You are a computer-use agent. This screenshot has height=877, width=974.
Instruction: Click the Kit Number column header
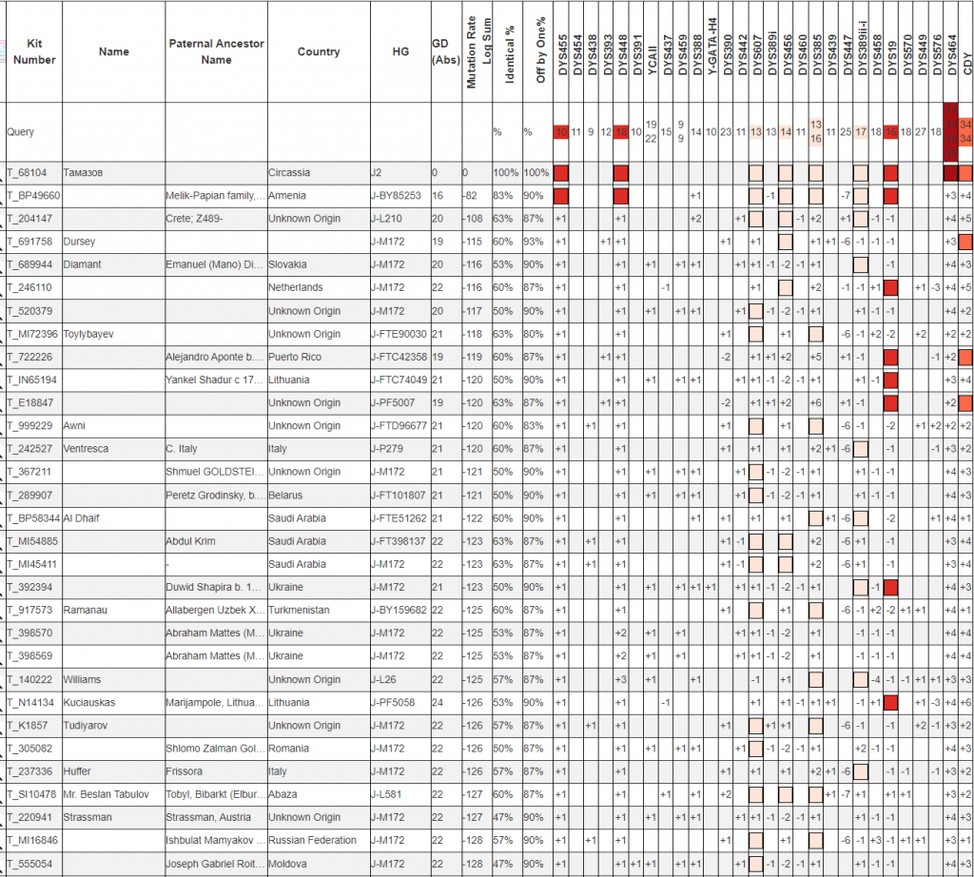(x=34, y=51)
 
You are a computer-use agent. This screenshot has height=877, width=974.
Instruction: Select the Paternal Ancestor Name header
(x=216, y=51)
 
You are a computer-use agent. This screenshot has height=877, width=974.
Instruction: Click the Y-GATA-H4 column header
(x=711, y=52)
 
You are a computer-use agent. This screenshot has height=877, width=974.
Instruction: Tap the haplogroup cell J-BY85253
(x=398, y=196)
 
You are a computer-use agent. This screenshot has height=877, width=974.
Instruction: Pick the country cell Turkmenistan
(x=299, y=610)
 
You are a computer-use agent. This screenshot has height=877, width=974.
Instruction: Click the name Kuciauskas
(x=91, y=702)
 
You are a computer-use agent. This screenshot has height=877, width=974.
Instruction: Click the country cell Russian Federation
(x=312, y=840)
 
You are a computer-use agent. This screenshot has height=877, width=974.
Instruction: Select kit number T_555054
(x=30, y=863)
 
